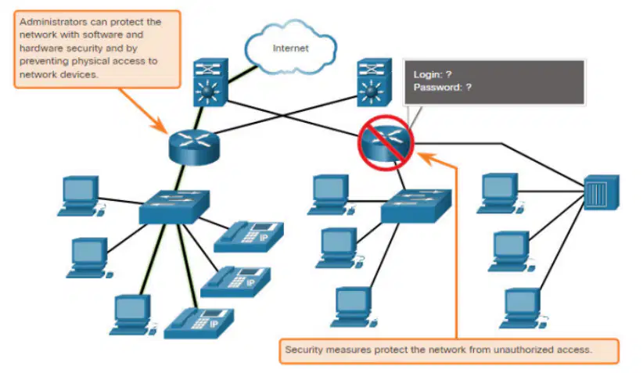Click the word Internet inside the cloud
[x=290, y=48]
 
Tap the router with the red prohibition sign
[x=386, y=142]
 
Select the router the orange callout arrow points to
[x=194, y=147]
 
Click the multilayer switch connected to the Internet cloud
[x=210, y=82]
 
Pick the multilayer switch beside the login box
[x=374, y=82]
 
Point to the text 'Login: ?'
[x=433, y=74]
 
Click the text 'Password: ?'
[x=443, y=88]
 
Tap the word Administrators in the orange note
[x=53, y=22]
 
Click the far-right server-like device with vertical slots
[x=602, y=192]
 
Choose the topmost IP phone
[x=249, y=236]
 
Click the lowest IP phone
[x=199, y=323]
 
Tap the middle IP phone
[x=235, y=282]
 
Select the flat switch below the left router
[x=174, y=207]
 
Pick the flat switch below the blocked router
[x=416, y=206]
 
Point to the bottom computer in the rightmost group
[x=523, y=308]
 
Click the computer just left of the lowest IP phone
[x=132, y=315]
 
